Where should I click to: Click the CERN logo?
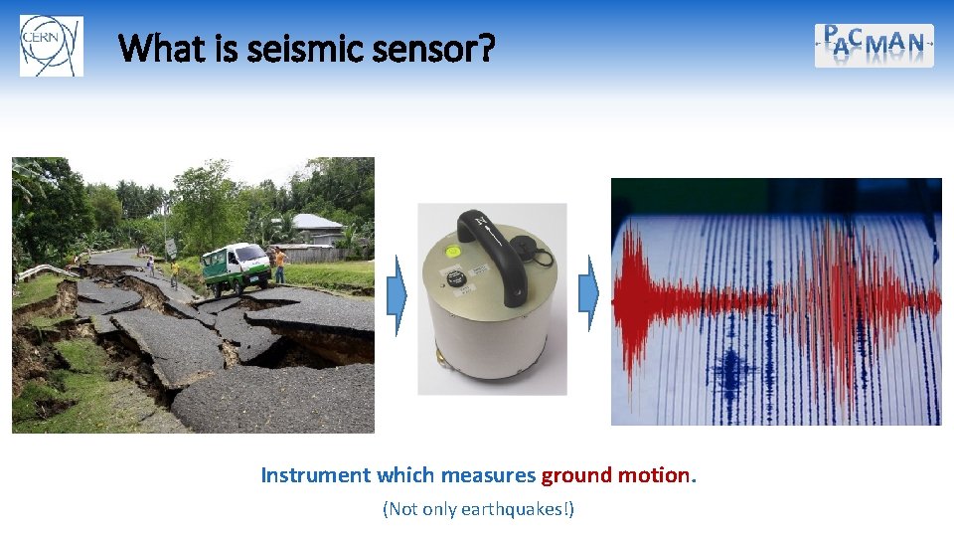tap(52, 46)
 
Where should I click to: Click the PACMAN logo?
tap(874, 45)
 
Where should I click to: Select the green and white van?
tap(236, 266)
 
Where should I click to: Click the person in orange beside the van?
tap(280, 266)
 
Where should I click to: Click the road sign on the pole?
tap(170, 247)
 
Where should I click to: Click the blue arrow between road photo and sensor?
tap(398, 294)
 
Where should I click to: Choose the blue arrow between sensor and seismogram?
tap(591, 293)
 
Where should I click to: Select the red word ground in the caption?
tap(576, 475)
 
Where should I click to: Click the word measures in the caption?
tap(488, 475)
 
